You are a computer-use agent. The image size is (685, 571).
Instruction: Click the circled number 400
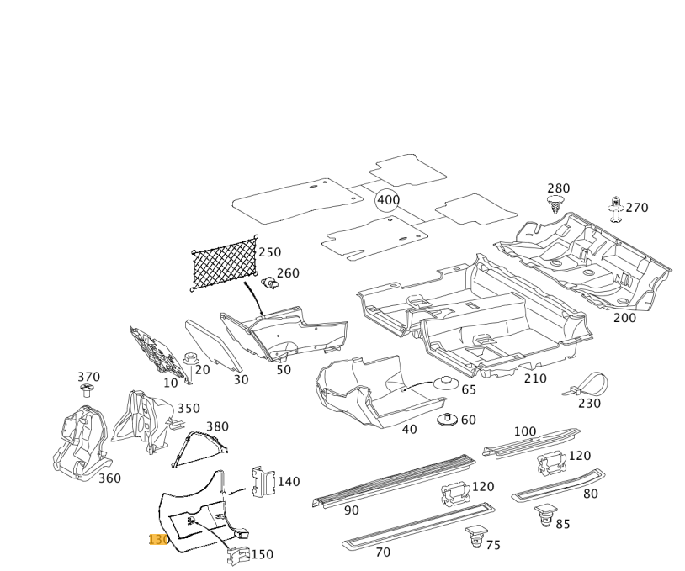388,200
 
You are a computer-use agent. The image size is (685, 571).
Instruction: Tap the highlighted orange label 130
158,539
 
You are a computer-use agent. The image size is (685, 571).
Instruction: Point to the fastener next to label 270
615,208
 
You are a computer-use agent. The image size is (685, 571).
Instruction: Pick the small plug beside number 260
270,283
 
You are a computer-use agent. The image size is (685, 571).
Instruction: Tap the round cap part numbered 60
448,419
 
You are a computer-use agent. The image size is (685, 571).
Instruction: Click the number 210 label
535,378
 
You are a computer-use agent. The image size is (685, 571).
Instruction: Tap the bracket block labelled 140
263,482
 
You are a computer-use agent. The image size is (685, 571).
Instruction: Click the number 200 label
624,318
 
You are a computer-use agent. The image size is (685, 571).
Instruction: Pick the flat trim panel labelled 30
213,343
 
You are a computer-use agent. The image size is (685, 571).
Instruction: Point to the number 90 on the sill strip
352,510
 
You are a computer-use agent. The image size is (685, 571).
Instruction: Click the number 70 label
383,552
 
